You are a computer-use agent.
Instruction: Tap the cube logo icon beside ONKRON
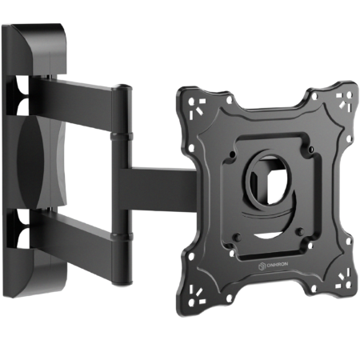click(x=262, y=266)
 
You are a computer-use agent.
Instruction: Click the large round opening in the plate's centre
click(x=269, y=181)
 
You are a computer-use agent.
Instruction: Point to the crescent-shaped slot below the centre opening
click(x=269, y=235)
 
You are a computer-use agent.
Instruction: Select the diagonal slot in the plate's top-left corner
click(x=198, y=110)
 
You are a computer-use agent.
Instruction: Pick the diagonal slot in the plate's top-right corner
click(x=342, y=104)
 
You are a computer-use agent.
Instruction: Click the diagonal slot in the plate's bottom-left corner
click(x=198, y=292)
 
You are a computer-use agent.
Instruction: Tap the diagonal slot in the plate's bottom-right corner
click(x=342, y=278)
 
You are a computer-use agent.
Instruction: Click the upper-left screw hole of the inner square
click(x=233, y=154)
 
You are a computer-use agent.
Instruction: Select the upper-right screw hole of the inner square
click(x=310, y=149)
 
